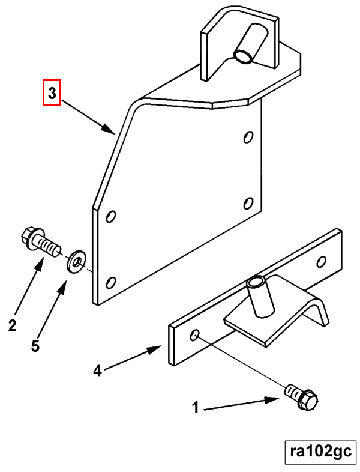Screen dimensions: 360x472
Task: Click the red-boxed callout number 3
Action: tap(52, 92)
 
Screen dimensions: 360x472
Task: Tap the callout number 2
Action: tap(12, 325)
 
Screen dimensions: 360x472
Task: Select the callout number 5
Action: tap(35, 346)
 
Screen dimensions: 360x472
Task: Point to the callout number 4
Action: tap(97, 371)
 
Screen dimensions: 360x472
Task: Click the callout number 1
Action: tap(196, 408)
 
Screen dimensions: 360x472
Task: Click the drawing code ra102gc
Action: tap(320, 451)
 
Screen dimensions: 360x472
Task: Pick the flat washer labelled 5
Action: tap(76, 261)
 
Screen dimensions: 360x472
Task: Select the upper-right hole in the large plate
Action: tap(248, 137)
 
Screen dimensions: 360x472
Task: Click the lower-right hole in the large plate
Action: tap(248, 203)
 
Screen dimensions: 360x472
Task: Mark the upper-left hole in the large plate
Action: tap(111, 216)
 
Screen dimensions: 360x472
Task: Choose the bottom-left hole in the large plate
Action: tap(111, 283)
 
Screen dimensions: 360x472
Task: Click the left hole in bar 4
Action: tap(194, 334)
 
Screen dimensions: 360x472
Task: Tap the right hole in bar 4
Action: tap(322, 261)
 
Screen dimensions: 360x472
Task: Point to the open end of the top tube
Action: tap(243, 56)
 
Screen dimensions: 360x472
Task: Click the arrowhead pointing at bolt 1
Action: tap(272, 400)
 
